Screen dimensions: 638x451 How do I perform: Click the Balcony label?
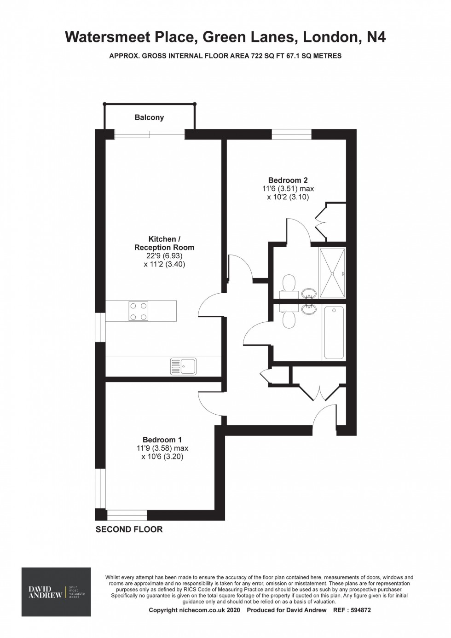[x=149, y=117]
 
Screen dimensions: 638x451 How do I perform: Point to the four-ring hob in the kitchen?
[x=139, y=311]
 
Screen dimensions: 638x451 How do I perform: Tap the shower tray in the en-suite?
[x=332, y=273]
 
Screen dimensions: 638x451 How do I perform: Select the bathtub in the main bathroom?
[x=334, y=332]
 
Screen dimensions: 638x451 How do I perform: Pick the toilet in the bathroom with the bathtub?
[x=289, y=318]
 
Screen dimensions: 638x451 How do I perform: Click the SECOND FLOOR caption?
[x=129, y=529]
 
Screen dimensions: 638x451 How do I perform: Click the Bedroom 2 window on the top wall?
[x=291, y=134]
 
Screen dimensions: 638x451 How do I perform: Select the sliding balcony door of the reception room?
[x=150, y=134]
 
